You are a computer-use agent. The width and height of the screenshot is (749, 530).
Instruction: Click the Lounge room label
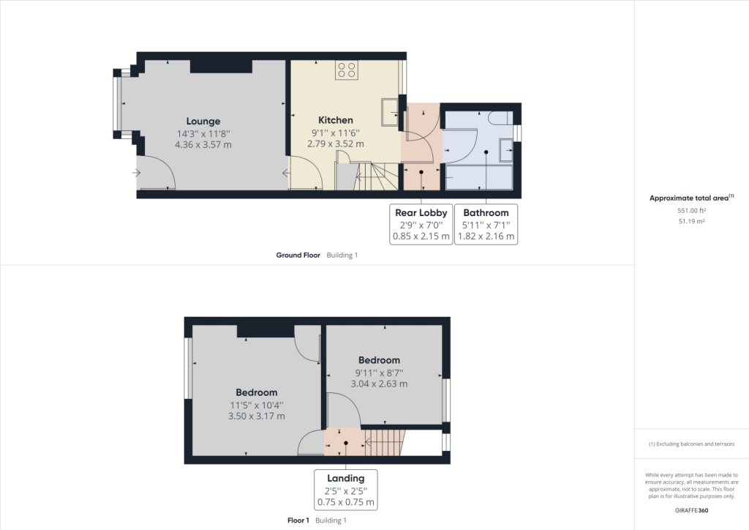point(203,122)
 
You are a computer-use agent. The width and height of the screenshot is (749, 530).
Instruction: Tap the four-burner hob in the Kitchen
point(346,70)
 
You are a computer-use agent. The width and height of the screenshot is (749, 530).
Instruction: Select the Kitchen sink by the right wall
point(390,113)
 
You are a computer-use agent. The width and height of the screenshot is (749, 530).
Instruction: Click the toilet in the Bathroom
point(502,118)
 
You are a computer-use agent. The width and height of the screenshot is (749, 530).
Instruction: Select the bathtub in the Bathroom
point(479,177)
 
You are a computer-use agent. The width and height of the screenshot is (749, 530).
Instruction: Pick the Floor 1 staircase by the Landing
point(385,443)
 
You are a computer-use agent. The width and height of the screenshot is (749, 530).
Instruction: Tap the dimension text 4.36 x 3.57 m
point(203,144)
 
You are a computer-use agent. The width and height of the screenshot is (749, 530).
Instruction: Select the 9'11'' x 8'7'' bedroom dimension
point(380,373)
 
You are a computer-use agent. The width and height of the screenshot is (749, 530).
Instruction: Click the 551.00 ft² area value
point(692,210)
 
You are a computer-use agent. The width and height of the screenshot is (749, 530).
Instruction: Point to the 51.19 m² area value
point(692,221)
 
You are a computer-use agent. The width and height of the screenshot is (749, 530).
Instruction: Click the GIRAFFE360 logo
point(692,510)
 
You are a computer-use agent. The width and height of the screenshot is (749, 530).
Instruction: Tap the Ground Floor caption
point(298,255)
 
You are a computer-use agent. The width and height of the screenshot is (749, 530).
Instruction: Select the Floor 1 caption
point(298,520)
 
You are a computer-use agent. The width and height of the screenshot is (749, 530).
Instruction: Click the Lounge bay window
point(118,103)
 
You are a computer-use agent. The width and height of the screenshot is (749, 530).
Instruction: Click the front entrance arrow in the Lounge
point(137,173)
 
